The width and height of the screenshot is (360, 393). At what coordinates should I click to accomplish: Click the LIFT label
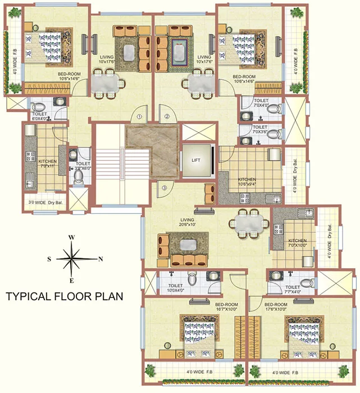point(195,160)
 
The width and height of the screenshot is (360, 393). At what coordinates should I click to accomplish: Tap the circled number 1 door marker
point(139,117)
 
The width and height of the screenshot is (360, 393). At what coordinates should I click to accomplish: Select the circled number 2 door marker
point(167,117)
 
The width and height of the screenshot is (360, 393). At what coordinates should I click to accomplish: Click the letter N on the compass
point(101,259)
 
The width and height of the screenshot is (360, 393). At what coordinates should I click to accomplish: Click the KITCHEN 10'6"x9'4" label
point(247,182)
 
